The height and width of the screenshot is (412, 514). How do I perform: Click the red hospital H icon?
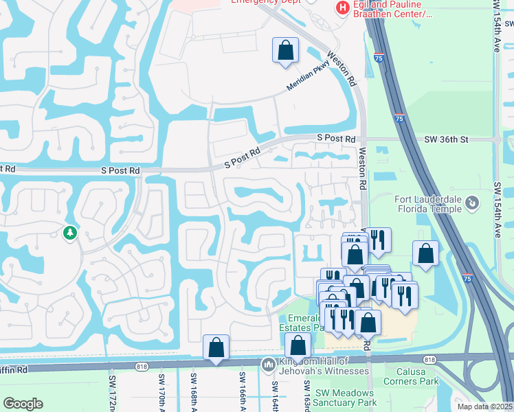[x=342, y=8]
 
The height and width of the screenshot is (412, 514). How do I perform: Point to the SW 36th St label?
[x=445, y=139]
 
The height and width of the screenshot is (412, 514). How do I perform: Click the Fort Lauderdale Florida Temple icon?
[x=471, y=203]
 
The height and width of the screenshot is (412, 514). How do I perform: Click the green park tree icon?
[x=69, y=233]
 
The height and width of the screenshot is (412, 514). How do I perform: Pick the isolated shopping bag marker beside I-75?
[x=426, y=253]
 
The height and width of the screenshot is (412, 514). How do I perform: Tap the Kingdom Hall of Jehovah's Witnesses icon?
[x=268, y=363]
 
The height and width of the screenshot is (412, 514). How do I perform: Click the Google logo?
[x=23, y=404]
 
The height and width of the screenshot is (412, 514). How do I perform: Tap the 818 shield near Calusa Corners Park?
[x=429, y=360]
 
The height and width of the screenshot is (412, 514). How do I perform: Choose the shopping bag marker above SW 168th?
[x=216, y=347]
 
